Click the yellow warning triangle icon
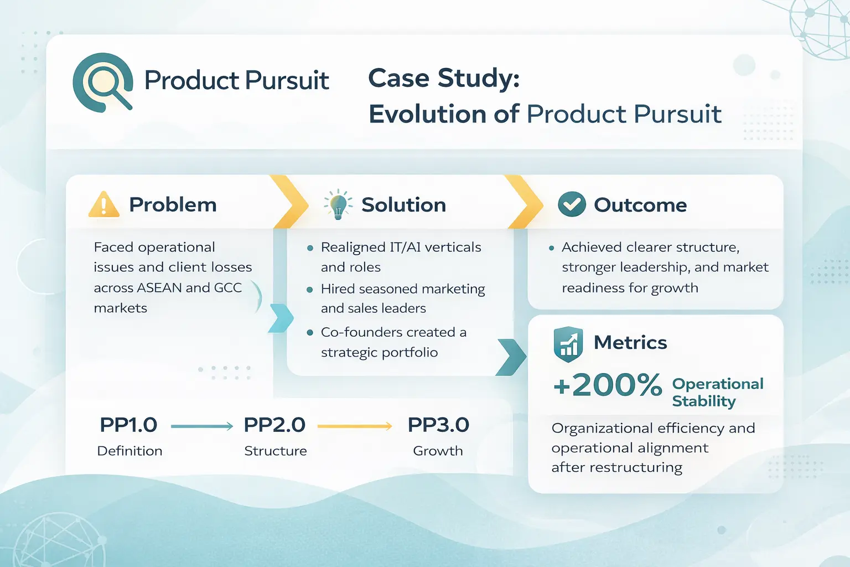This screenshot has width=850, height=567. (x=103, y=205)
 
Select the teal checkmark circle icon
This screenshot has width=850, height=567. (x=572, y=204)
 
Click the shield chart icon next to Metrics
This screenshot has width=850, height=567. (x=568, y=344)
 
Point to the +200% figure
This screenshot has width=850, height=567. (x=608, y=385)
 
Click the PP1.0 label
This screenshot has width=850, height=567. (x=128, y=425)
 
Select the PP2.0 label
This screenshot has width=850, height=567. (x=274, y=425)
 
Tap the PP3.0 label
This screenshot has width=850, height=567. (x=438, y=425)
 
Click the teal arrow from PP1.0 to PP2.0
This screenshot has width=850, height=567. (x=202, y=426)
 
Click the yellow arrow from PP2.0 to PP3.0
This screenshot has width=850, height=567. (x=355, y=426)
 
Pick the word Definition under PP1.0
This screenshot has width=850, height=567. (x=129, y=451)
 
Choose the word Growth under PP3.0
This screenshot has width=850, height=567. (x=438, y=451)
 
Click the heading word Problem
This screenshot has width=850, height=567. (x=173, y=205)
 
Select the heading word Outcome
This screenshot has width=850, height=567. (x=640, y=205)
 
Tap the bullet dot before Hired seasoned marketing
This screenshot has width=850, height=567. (x=310, y=290)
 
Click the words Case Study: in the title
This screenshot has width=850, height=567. (x=444, y=78)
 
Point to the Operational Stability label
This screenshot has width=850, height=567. (x=717, y=392)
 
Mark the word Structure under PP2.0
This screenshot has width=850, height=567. (x=276, y=451)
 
